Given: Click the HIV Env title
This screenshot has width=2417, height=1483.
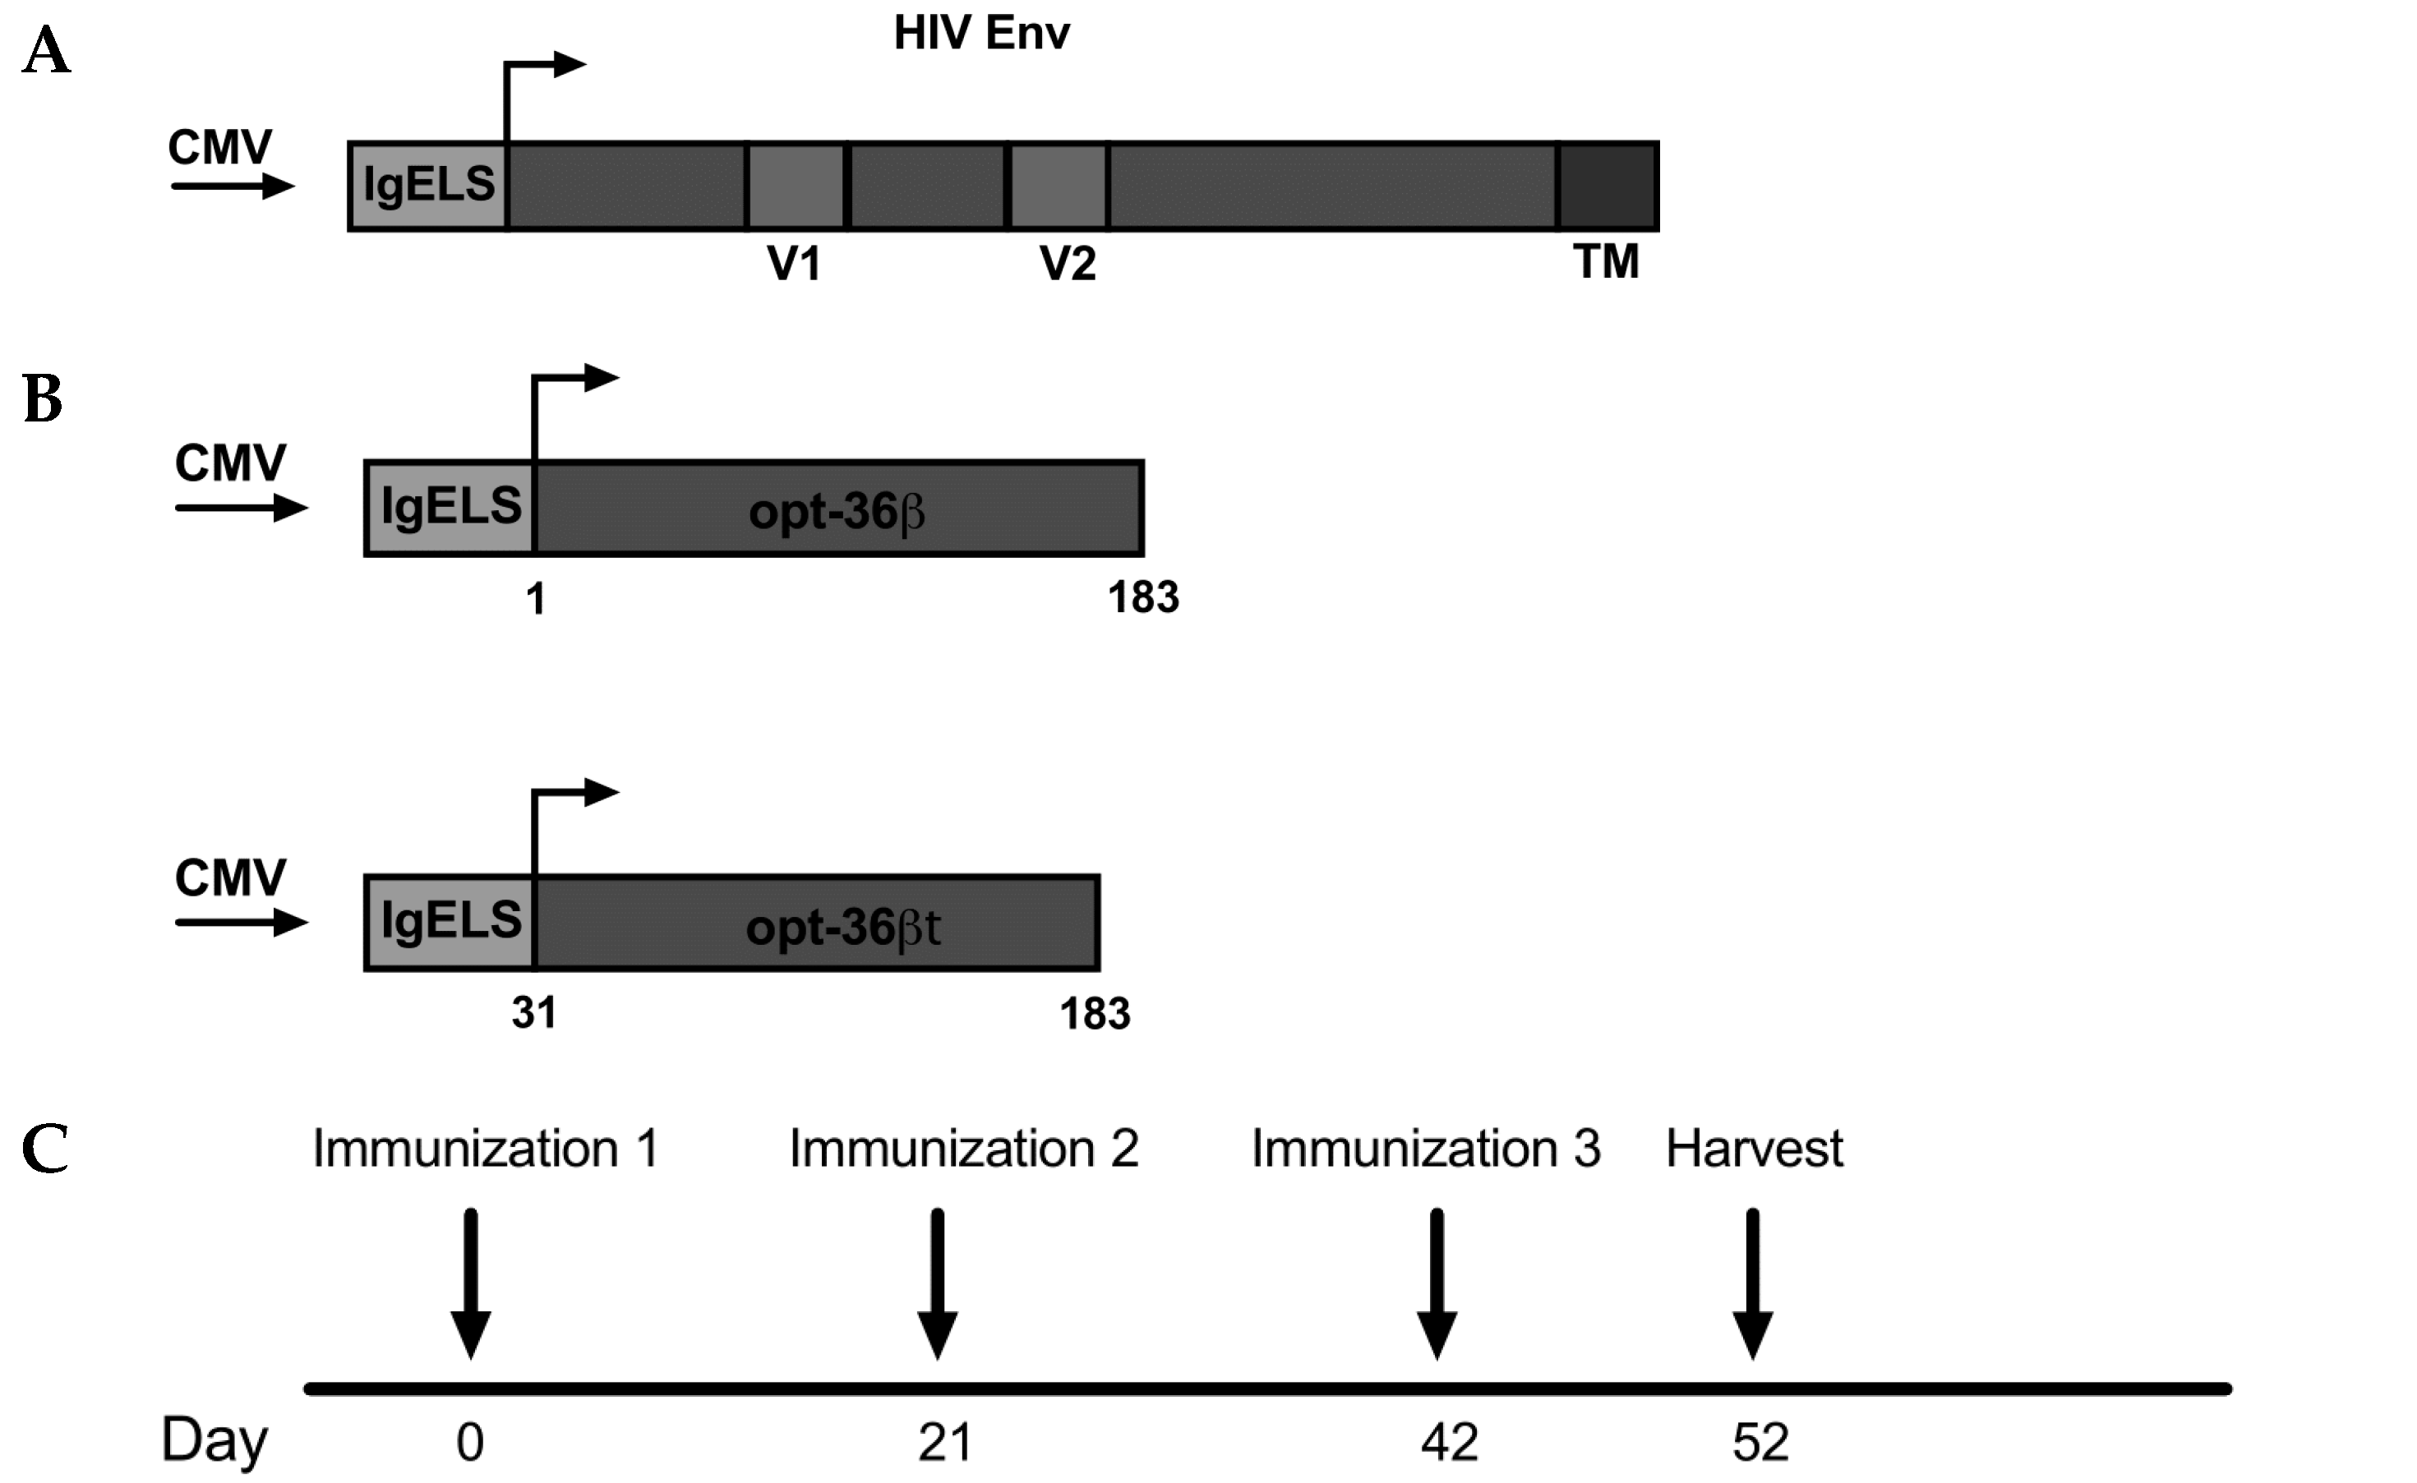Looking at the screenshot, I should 981,34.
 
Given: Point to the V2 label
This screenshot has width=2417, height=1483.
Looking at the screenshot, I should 1068,263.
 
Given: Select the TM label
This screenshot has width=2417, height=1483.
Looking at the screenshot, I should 1606,262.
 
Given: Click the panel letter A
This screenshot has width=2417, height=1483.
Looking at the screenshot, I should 46,52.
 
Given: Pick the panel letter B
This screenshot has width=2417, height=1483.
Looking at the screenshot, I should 44,399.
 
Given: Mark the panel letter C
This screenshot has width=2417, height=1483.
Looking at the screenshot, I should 45,1149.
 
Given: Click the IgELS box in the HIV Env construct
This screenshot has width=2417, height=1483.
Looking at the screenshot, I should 429,186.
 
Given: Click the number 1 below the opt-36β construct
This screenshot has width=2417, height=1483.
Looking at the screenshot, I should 536,598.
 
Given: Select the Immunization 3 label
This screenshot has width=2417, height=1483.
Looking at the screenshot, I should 1425,1149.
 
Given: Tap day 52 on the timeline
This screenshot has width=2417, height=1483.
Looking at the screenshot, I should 1760,1443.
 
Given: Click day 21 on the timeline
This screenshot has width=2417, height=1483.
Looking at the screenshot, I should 944,1443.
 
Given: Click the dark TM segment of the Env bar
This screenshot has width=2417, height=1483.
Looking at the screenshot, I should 1607,187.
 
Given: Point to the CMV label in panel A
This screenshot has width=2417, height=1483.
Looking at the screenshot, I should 219,148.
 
